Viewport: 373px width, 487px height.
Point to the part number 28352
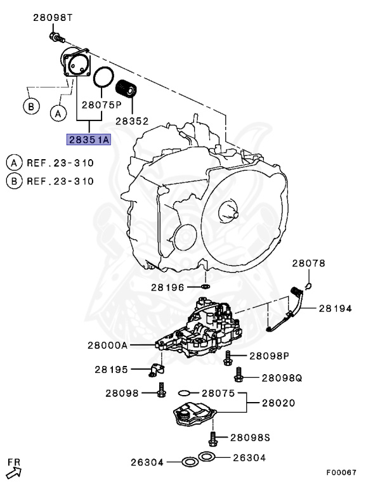(131, 119)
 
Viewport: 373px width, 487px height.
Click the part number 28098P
(269, 356)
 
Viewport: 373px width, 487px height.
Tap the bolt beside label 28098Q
(238, 377)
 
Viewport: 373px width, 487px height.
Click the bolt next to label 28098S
(213, 436)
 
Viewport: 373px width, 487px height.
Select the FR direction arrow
(14, 469)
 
